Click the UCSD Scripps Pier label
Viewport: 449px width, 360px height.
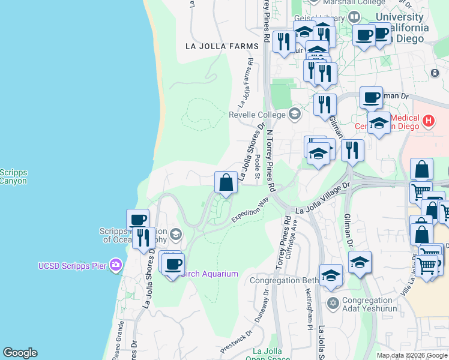point(73,266)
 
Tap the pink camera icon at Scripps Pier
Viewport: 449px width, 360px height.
point(116,265)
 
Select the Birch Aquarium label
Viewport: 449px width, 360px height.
point(209,274)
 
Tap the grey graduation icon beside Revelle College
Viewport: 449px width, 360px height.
point(295,113)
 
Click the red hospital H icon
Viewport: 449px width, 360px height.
point(428,121)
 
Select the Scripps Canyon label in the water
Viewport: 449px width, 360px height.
point(13,176)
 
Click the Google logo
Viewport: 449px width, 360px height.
point(20,353)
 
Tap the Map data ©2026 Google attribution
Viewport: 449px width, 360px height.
point(412,355)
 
